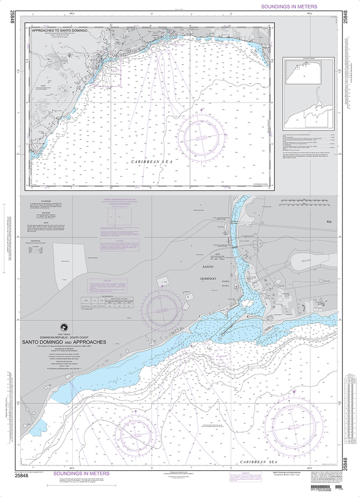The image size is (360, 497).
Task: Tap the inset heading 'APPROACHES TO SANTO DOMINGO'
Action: (x=59, y=30)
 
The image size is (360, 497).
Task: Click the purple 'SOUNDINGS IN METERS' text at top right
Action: (x=289, y=6)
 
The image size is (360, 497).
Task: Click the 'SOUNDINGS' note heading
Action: (x=46, y=201)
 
